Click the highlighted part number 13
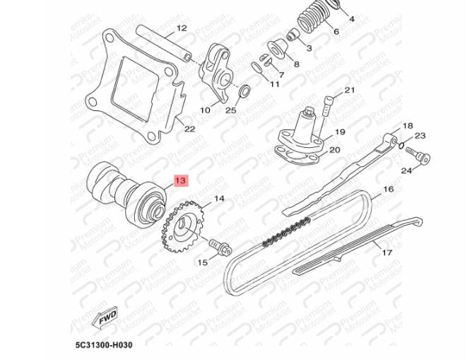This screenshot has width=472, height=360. [181, 181]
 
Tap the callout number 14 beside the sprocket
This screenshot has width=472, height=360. [219, 199]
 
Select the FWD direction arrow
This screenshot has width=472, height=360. [105, 317]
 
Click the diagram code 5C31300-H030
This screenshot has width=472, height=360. [104, 345]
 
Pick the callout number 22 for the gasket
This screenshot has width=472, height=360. [189, 129]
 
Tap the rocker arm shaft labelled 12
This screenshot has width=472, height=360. [163, 43]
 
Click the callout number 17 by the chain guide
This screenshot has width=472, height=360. [387, 252]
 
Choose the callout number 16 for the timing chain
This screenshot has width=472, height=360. [389, 189]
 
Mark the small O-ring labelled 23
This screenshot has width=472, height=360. [401, 146]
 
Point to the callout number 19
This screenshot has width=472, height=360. [340, 132]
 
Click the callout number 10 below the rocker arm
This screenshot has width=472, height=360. [206, 110]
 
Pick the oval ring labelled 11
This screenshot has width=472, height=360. [256, 68]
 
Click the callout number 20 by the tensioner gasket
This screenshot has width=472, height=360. [335, 150]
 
